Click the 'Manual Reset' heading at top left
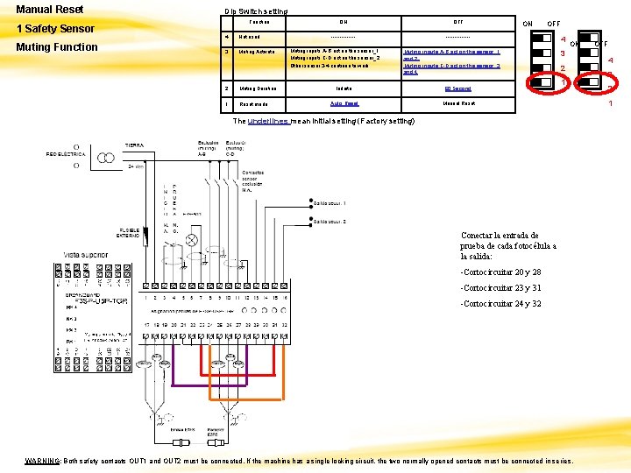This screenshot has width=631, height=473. [x=51, y=10]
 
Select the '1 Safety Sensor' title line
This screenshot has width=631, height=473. [x=55, y=28]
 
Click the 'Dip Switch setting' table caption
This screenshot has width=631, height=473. [x=255, y=11]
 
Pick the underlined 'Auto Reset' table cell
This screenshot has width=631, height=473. [x=344, y=103]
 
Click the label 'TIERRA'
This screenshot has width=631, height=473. [x=134, y=145]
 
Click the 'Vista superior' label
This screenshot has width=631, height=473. [x=83, y=252]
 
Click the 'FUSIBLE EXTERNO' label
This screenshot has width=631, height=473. [x=133, y=234]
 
